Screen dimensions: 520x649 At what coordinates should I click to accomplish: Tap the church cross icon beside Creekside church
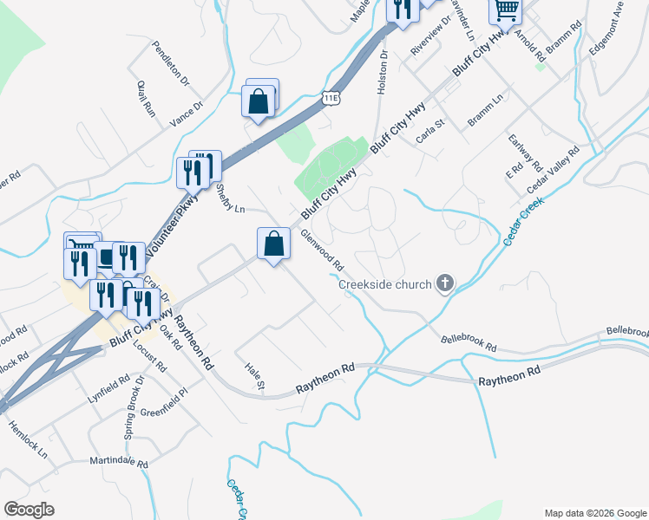point(445,283)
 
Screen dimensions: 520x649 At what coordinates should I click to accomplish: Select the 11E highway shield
point(331,97)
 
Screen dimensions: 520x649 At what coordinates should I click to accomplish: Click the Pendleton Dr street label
point(169,63)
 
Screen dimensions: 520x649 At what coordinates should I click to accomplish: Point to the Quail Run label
point(145,98)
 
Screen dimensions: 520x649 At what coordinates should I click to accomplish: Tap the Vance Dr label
point(186,114)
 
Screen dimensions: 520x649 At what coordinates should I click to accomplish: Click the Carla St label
point(429,131)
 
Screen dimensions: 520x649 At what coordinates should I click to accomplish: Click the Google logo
point(29,510)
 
